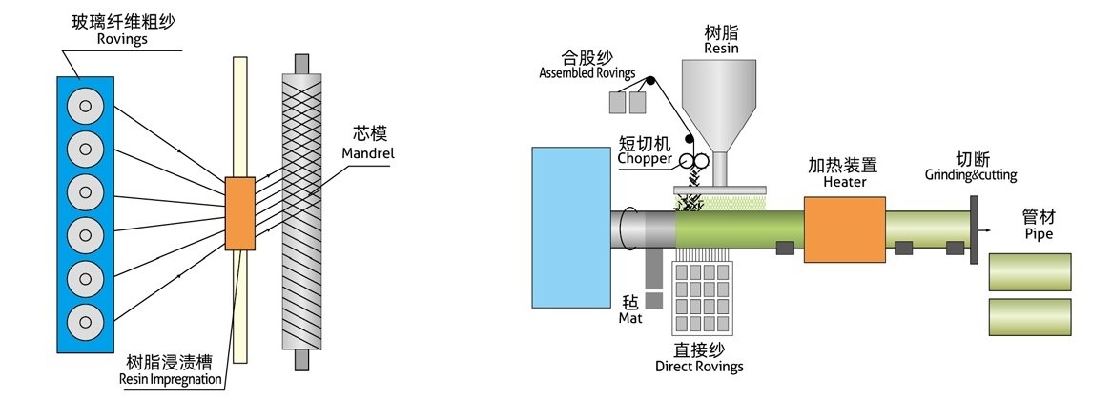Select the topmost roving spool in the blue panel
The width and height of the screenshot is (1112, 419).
point(87,106)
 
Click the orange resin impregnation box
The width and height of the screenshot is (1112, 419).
point(240,213)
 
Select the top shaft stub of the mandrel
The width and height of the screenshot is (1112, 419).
point(302,62)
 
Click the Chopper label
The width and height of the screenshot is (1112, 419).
point(644,158)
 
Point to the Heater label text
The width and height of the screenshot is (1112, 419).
point(843,181)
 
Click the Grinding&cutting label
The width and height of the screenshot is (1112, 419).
point(971,174)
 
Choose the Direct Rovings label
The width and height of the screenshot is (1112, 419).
point(699,367)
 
